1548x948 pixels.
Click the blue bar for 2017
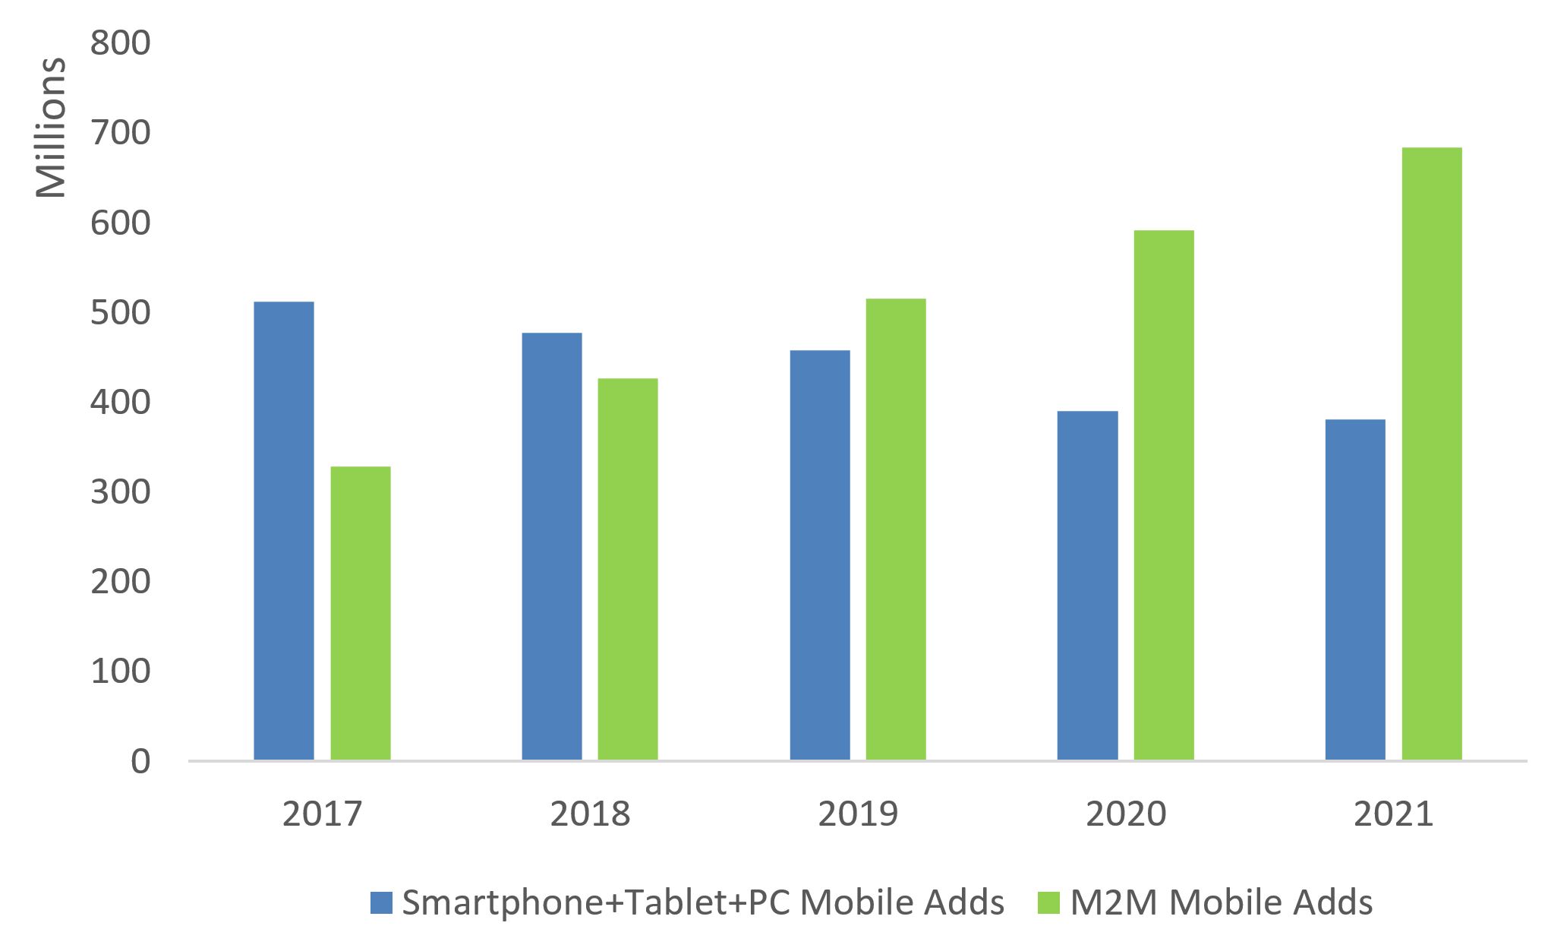coord(284,531)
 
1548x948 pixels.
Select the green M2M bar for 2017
coord(361,613)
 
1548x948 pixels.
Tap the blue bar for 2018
coord(552,546)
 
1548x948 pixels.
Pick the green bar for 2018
coord(628,569)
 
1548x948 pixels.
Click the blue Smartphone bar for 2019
coord(820,555)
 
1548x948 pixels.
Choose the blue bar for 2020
coord(1087,586)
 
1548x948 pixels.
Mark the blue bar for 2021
coord(1355,589)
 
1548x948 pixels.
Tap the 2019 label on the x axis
coord(858,814)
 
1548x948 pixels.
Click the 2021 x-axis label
coord(1393,814)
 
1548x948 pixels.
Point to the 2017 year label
coord(322,814)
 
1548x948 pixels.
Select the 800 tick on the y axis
coord(121,43)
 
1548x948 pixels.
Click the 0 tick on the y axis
coord(140,761)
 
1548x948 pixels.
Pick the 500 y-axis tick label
coord(121,313)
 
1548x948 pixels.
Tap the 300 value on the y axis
coord(121,492)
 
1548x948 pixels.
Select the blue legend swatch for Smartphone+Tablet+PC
coord(381,903)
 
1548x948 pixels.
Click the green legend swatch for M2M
coord(1048,903)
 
